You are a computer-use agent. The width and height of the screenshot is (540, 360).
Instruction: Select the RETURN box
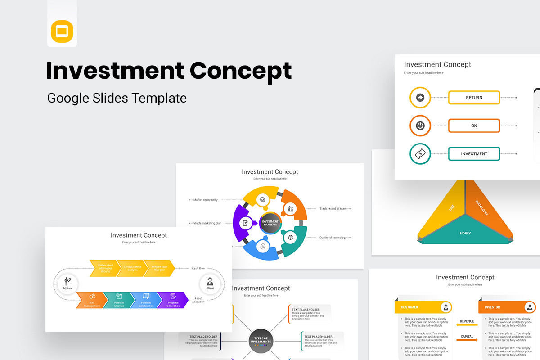[x=474, y=98]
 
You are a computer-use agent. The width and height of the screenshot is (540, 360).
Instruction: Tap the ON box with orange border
[x=474, y=126]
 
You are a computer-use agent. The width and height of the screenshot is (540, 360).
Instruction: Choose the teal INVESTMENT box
[x=474, y=154]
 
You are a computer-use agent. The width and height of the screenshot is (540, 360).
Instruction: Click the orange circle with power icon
[x=420, y=126]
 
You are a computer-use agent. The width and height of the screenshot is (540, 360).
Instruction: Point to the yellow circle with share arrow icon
[x=420, y=98]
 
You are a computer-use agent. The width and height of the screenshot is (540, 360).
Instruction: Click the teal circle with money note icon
[x=420, y=154]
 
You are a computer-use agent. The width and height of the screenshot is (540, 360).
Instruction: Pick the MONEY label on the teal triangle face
[x=465, y=234]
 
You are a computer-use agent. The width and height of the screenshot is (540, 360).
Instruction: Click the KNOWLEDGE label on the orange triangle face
[x=481, y=207]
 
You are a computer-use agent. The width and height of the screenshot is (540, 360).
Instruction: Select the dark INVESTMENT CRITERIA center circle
[x=270, y=223]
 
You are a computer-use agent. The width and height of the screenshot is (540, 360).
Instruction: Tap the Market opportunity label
[x=205, y=200]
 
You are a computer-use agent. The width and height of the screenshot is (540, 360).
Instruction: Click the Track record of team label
[x=333, y=209]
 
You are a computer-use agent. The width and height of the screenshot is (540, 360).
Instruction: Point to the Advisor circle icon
[x=67, y=283]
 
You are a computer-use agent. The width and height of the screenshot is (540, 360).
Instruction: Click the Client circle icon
[x=210, y=283]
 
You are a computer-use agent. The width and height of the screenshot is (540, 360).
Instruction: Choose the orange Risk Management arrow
[x=91, y=300]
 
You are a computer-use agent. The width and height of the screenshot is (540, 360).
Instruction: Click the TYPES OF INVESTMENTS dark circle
[x=261, y=340]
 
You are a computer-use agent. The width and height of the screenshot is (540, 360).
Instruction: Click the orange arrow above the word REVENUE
[x=467, y=325]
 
